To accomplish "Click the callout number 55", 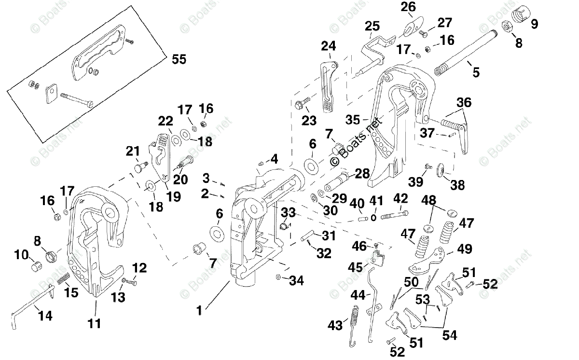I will coord(179,59).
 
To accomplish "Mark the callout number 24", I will coord(329,46).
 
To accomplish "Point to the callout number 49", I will coord(465,249).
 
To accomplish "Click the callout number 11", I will coord(95,323).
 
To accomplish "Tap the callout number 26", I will coord(408,7).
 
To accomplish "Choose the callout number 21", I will coord(133,152).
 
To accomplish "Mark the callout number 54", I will coord(449,334).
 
